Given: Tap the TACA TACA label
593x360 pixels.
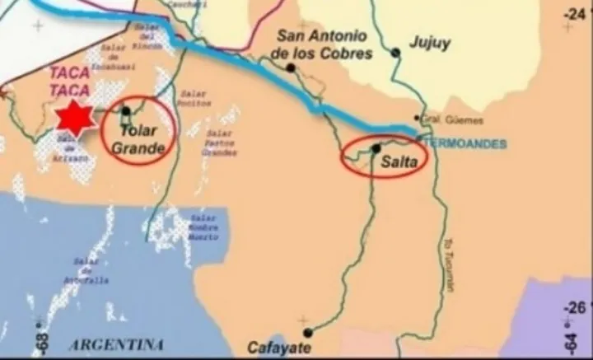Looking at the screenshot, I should (x=70, y=81).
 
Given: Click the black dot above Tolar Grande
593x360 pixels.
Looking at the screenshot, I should (x=126, y=110).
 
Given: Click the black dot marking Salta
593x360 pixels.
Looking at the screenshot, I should (x=376, y=148).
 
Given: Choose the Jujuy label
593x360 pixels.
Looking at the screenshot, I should (x=430, y=43).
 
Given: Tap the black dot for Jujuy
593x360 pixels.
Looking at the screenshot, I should (x=396, y=53).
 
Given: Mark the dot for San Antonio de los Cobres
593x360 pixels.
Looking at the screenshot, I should (x=290, y=68).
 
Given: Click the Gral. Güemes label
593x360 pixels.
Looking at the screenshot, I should (x=444, y=119).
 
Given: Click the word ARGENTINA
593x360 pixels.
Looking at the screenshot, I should (x=115, y=344).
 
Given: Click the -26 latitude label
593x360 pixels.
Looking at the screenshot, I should (x=578, y=308).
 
